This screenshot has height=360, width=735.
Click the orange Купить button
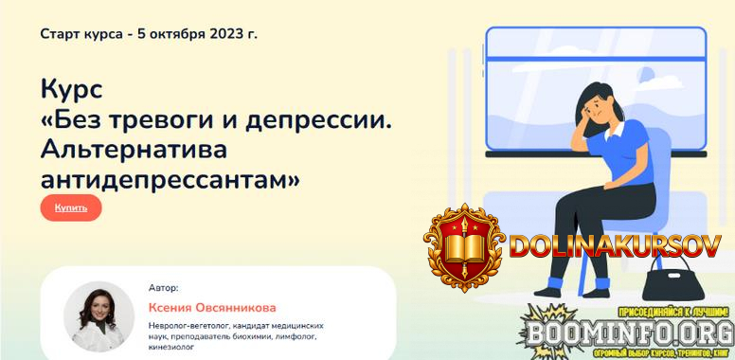click(x=71, y=207)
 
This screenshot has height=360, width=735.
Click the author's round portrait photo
click(x=99, y=316)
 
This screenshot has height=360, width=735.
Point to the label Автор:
click(x=163, y=287)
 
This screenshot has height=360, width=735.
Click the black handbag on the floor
click(x=671, y=281)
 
